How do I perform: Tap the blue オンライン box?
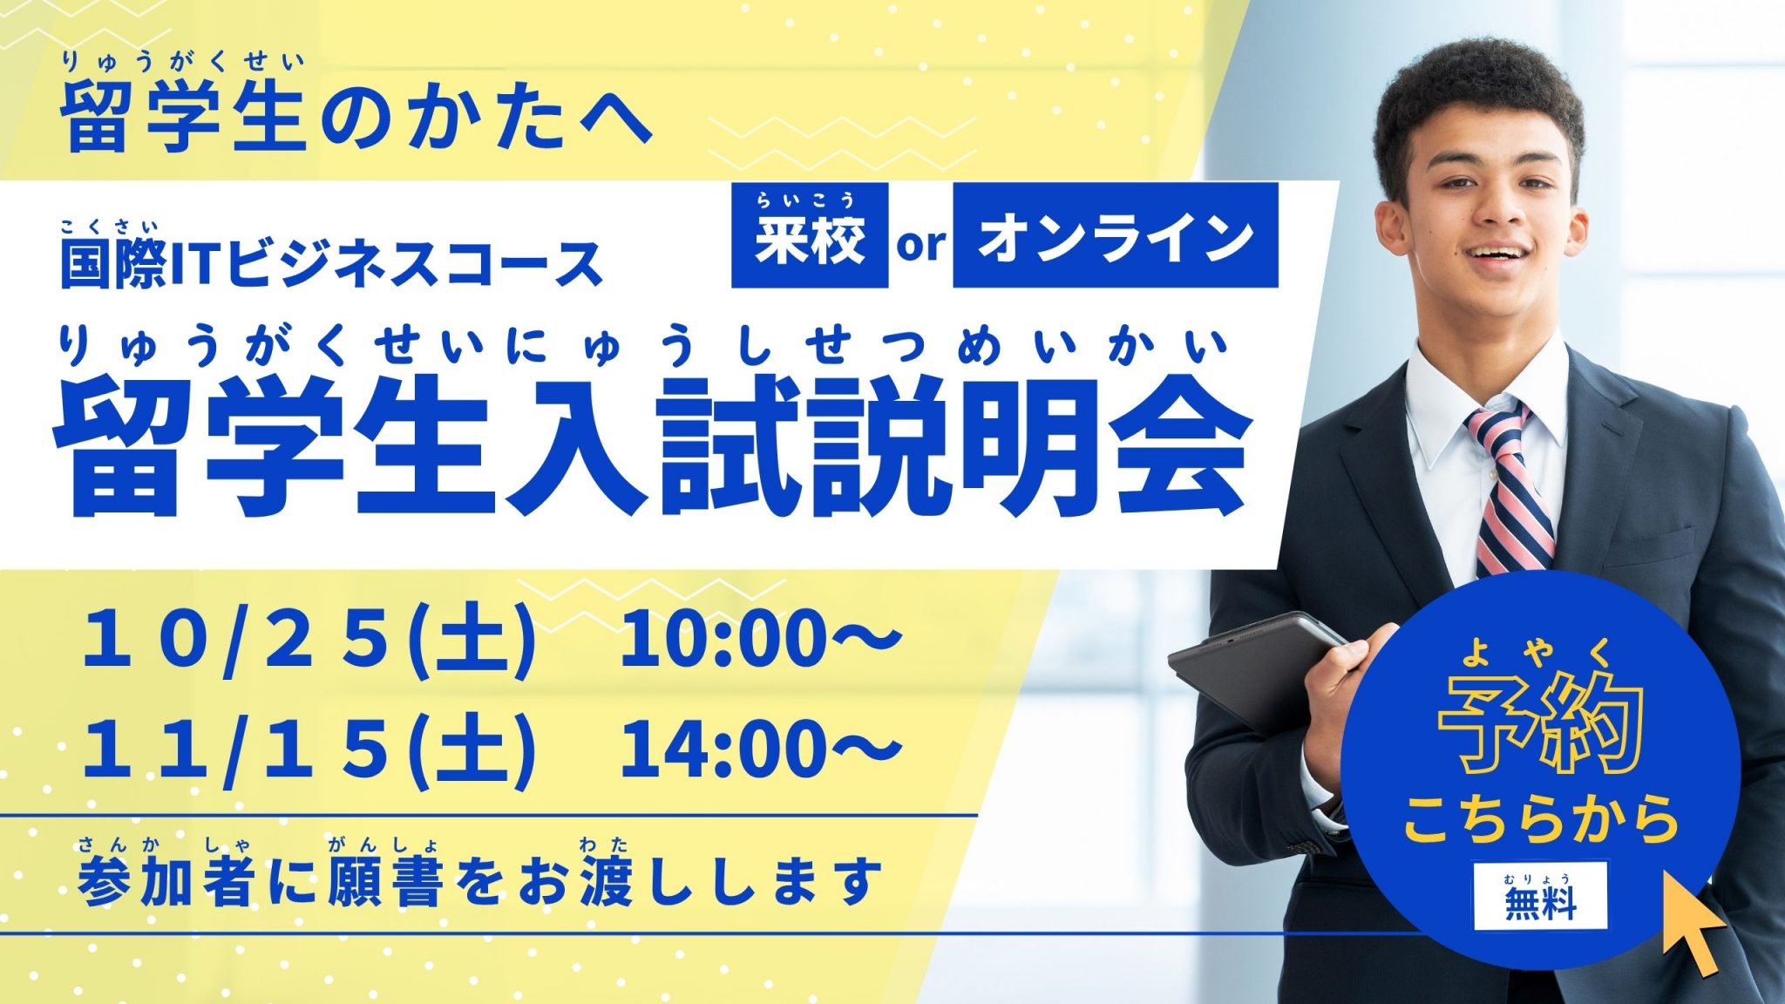coord(1116,234)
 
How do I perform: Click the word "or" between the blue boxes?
coord(921,245)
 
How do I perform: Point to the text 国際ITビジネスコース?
coord(332,262)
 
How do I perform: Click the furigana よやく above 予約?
coord(1538,651)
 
